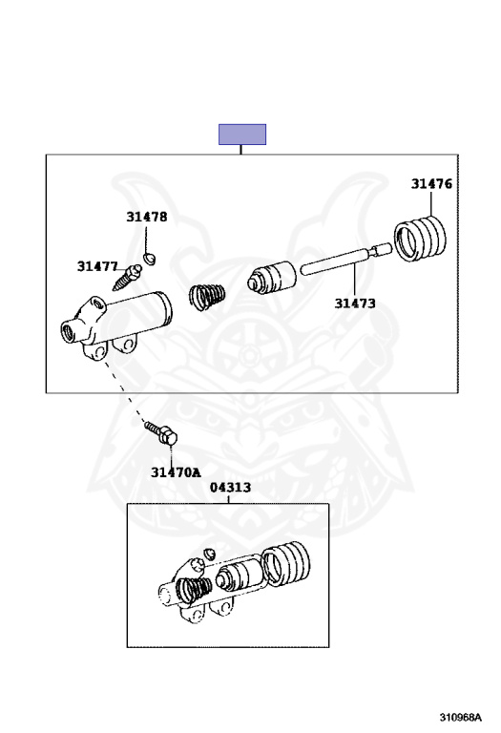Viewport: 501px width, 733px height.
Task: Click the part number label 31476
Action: [x=431, y=183]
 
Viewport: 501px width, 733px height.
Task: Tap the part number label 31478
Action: [x=146, y=217]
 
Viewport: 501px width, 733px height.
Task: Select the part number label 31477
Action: [x=97, y=266]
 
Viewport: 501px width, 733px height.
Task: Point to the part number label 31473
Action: [x=355, y=304]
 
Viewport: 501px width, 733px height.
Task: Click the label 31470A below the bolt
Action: [x=176, y=472]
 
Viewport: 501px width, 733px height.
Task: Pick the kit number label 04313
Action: [x=230, y=488]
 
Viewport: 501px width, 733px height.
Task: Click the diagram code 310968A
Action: [x=460, y=717]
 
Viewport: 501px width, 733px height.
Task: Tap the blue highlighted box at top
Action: [x=242, y=135]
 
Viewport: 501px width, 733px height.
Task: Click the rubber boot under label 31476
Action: [x=420, y=238]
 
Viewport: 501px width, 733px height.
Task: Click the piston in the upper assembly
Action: [x=272, y=278]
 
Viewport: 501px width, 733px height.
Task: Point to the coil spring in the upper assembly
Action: [x=207, y=297]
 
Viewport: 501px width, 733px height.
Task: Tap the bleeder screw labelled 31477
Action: [x=127, y=277]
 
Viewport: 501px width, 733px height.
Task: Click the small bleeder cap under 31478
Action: [x=150, y=258]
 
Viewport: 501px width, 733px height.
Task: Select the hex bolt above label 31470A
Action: [x=161, y=433]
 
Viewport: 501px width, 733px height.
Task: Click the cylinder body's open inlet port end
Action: [x=69, y=331]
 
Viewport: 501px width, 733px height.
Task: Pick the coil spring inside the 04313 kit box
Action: [x=194, y=591]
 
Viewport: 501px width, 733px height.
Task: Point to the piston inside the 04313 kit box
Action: [x=239, y=576]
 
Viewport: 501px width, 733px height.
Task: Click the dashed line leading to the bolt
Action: [x=124, y=390]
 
